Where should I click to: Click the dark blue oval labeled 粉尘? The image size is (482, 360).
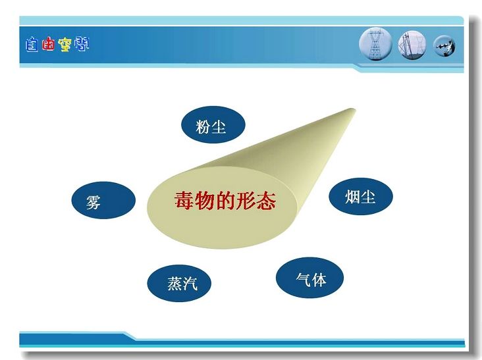pyautogui.click(x=213, y=124)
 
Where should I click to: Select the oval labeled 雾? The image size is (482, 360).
pyautogui.click(x=103, y=200)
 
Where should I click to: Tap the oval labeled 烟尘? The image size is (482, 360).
pyautogui.click(x=361, y=196)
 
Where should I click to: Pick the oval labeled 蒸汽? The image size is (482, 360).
pyautogui.click(x=179, y=283)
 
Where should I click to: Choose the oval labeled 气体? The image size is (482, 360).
pyautogui.click(x=309, y=278)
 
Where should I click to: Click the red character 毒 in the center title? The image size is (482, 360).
pyautogui.click(x=185, y=200)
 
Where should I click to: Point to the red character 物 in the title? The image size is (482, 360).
pyautogui.click(x=205, y=200)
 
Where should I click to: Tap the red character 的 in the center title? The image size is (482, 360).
pyautogui.click(x=225, y=200)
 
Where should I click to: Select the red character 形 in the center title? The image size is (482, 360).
pyautogui.click(x=246, y=200)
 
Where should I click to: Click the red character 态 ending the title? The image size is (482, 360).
pyautogui.click(x=265, y=200)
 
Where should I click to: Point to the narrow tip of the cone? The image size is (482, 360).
pyautogui.click(x=354, y=110)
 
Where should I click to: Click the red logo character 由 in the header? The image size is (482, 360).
pyautogui.click(x=48, y=45)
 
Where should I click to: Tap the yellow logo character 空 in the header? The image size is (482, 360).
pyautogui.click(x=65, y=45)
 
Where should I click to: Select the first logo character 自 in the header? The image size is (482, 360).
pyautogui.click(x=32, y=45)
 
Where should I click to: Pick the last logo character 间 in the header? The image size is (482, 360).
pyautogui.click(x=81, y=44)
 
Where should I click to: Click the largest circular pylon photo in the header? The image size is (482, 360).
pyautogui.click(x=375, y=44)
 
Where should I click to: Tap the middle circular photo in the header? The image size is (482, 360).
pyautogui.click(x=412, y=45)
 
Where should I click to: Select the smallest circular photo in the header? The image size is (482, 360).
pyautogui.click(x=444, y=46)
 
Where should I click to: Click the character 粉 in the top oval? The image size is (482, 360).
pyautogui.click(x=203, y=126)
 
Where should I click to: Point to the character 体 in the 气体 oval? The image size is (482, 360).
pyautogui.click(x=319, y=279)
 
